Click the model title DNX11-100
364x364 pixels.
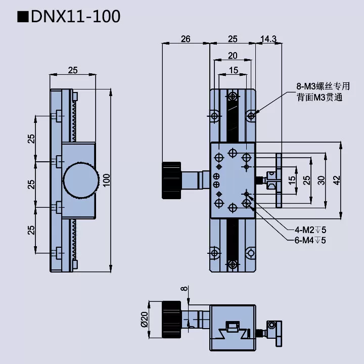[76, 16]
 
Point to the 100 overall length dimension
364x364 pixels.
[106, 179]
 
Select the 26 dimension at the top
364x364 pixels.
[185, 39]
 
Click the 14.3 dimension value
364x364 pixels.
[268, 39]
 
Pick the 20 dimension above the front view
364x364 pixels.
[233, 55]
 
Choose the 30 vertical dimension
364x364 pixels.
[322, 180]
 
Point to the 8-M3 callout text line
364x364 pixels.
[323, 86]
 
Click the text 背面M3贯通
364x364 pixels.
[320, 98]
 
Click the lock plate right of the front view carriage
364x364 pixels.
[279, 180]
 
